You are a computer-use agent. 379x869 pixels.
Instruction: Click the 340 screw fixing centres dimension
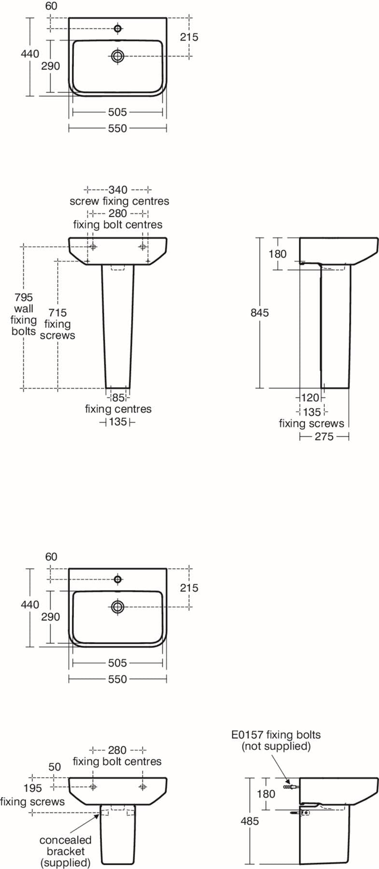pyautogui.click(x=118, y=190)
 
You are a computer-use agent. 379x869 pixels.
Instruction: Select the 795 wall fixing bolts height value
pyautogui.click(x=24, y=297)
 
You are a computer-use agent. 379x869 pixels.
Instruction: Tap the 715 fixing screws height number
pyautogui.click(x=57, y=313)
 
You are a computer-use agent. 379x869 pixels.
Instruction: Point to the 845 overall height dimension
pyautogui.click(x=260, y=313)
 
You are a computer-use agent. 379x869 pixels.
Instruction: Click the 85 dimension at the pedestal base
pyautogui.click(x=118, y=398)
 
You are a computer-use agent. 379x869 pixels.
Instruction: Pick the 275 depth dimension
pyautogui.click(x=324, y=436)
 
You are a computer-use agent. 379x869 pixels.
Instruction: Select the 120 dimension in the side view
pyautogui.click(x=310, y=398)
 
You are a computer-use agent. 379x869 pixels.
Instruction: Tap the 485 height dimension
pyautogui.click(x=250, y=821)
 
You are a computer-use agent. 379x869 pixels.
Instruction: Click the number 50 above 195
pyautogui.click(x=55, y=767)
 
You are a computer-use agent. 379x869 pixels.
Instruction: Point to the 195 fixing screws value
pyautogui.click(x=33, y=788)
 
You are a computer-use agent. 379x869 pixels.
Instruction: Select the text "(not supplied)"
pyautogui.click(x=276, y=746)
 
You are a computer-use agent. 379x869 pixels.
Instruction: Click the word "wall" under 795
pyautogui.click(x=24, y=308)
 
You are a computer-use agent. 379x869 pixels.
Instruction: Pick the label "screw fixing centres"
pyautogui.click(x=119, y=201)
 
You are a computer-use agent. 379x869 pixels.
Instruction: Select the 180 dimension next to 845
pyautogui.click(x=278, y=254)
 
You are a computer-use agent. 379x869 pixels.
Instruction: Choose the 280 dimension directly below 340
pyautogui.click(x=118, y=213)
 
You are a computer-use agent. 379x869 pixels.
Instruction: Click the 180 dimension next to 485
pyautogui.click(x=266, y=794)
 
